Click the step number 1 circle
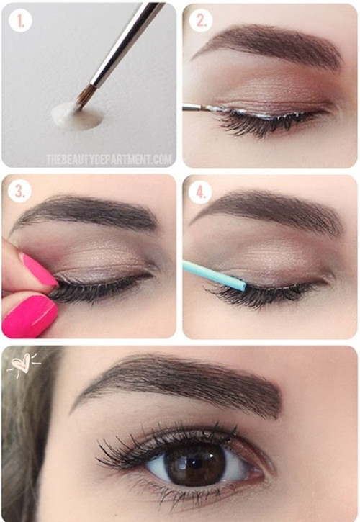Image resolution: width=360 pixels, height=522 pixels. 20,21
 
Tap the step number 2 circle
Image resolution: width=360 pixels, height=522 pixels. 201,21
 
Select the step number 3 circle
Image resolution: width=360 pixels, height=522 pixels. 20,192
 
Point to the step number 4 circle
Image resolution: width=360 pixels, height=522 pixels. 200,192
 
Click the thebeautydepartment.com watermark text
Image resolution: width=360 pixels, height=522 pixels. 109,159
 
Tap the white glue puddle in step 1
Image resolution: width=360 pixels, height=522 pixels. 76,115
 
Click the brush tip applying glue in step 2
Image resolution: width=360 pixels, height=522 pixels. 209,108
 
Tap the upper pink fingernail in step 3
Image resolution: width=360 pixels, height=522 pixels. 38,269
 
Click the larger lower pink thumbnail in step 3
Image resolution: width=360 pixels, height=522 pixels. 30,315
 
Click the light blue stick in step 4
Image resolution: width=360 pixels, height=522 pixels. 214,276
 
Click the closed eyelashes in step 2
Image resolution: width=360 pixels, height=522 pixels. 260,124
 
